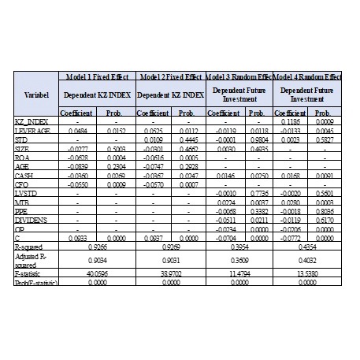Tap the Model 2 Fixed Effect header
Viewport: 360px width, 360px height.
pyautogui.click(x=171, y=77)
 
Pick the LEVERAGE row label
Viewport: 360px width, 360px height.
pyautogui.click(x=34, y=130)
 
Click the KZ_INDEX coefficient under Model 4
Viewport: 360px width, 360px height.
pyautogui.click(x=290, y=122)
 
